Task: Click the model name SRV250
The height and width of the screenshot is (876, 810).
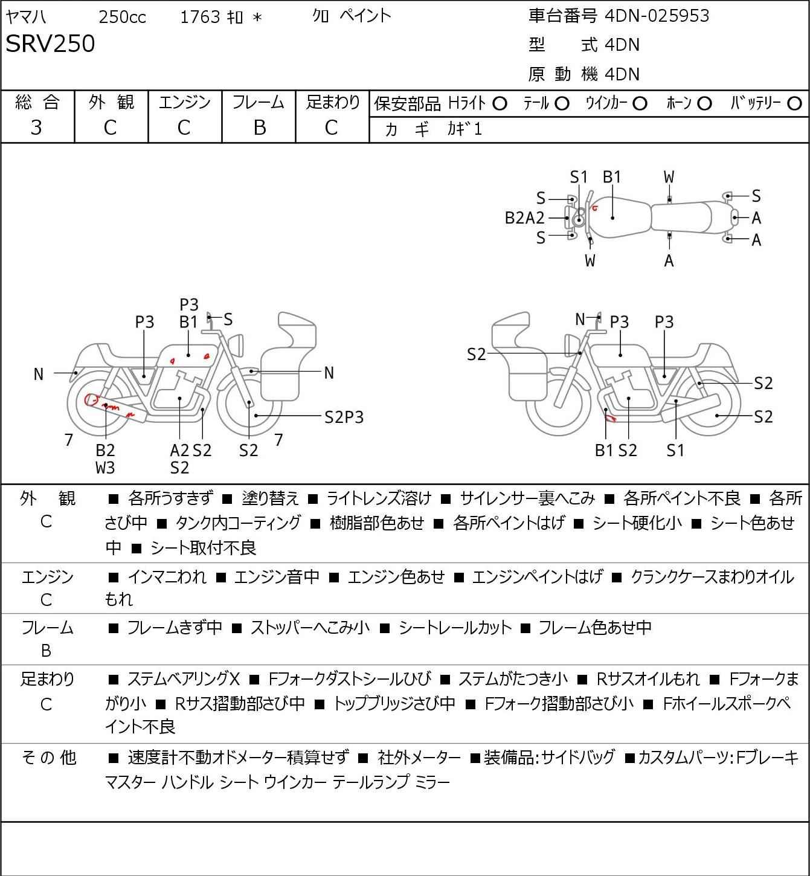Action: pos(50,44)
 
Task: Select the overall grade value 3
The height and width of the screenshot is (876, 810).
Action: pos(36,127)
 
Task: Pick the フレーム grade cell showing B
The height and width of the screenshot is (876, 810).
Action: pos(259,127)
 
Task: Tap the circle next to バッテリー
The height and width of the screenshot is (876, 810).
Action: pos(795,104)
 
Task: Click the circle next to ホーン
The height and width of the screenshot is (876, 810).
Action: pos(704,104)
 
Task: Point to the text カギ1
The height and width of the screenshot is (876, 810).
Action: pos(464,129)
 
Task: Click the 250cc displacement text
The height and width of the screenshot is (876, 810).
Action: pos(122,17)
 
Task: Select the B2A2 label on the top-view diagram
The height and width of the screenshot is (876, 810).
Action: pos(524,217)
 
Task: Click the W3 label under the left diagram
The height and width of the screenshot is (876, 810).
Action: pos(105,467)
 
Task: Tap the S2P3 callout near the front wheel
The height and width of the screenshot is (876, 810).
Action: pos(344,417)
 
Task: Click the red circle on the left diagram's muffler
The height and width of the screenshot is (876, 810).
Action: pos(92,399)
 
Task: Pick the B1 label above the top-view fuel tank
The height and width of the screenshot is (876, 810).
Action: pos(612,177)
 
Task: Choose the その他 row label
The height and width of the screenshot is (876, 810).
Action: pos(48,757)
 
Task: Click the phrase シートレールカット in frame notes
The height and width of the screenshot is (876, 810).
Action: pos(455,628)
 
